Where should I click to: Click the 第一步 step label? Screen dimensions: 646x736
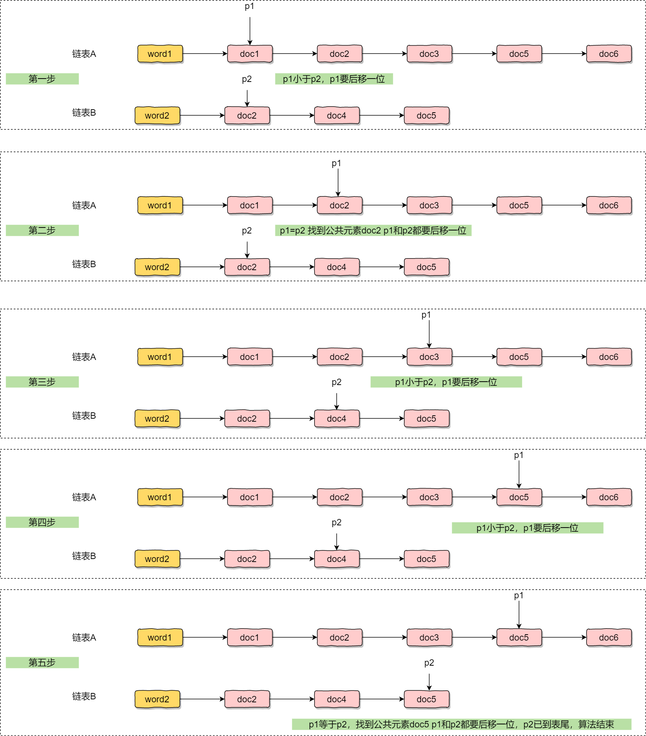pyautogui.click(x=42, y=79)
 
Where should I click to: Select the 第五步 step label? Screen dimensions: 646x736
pyautogui.click(x=42, y=663)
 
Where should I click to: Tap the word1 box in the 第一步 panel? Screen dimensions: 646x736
pyautogui.click(x=160, y=54)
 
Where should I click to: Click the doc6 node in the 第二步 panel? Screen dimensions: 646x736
pyautogui.click(x=609, y=205)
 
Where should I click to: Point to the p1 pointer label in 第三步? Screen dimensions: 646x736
pyautogui.click(x=426, y=315)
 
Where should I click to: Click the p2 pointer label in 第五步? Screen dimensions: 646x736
pyautogui.click(x=429, y=663)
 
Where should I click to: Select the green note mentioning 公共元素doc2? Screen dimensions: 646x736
pyautogui.click(x=373, y=230)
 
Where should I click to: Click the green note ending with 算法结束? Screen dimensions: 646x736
pyautogui.click(x=462, y=724)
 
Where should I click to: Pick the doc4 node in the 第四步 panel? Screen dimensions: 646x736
pyautogui.click(x=337, y=559)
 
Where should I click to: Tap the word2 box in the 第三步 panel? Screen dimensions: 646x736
pyautogui.click(x=157, y=419)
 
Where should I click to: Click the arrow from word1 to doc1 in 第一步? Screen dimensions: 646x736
pyautogui.click(x=205, y=54)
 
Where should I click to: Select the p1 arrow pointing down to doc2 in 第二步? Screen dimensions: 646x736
pyautogui.click(x=338, y=183)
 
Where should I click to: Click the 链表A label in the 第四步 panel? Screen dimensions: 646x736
pyautogui.click(x=84, y=497)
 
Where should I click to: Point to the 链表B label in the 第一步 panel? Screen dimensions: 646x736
pyautogui.click(x=84, y=113)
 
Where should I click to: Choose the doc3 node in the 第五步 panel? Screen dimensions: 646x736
pyautogui.click(x=429, y=638)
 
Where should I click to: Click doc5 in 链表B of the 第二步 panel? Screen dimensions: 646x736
pyautogui.click(x=427, y=267)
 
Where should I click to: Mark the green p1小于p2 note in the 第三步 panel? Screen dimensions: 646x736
pyautogui.click(x=446, y=382)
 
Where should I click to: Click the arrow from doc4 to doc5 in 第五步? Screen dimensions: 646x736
pyautogui.click(x=382, y=699)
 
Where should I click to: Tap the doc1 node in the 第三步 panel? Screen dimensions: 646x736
pyautogui.click(x=250, y=357)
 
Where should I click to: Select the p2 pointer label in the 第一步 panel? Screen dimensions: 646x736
pyautogui.click(x=247, y=79)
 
